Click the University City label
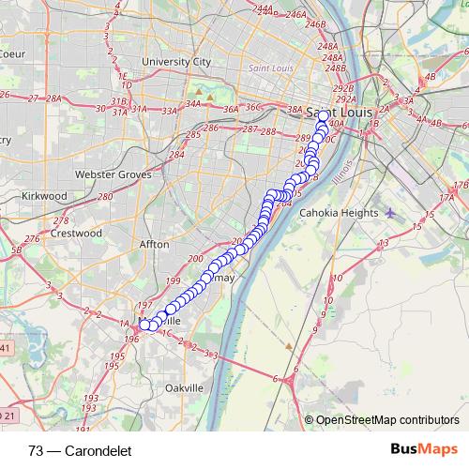[175, 62]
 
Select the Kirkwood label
[44, 195]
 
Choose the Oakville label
[184, 387]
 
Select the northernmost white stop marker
[324, 116]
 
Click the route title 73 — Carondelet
[80, 450]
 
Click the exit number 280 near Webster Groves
[104, 197]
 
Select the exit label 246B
[314, 24]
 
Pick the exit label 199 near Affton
[172, 280]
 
